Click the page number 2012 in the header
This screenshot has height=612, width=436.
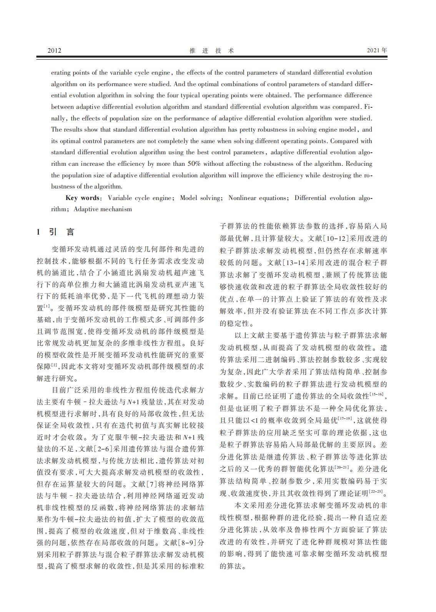[x=54, y=50]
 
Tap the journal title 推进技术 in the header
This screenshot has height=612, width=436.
[x=212, y=50]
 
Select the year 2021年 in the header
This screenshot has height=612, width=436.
[x=377, y=50]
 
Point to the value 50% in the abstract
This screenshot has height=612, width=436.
[x=194, y=164]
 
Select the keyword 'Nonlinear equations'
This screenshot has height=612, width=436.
[x=258, y=198]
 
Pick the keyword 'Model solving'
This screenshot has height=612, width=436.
[x=200, y=198]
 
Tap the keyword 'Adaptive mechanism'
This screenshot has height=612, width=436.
[x=103, y=209]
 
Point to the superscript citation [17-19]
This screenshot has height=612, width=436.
[x=344, y=418]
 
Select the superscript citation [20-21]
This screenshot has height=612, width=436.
[x=342, y=467]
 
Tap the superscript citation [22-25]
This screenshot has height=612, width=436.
[x=376, y=491]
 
